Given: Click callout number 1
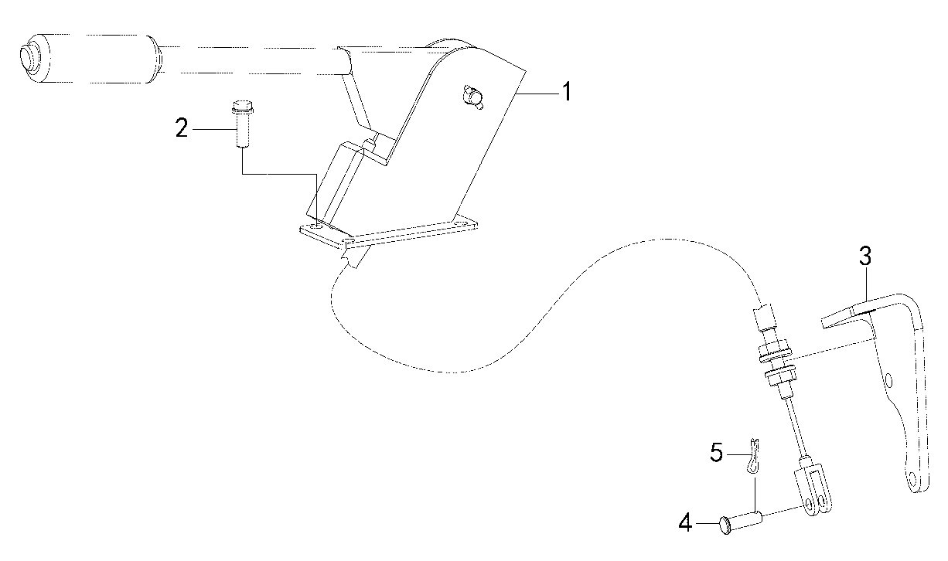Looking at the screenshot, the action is [x=567, y=92].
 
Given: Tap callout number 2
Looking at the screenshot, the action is [x=182, y=127].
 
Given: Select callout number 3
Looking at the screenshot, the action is [x=865, y=257].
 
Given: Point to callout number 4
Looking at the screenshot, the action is [x=685, y=523].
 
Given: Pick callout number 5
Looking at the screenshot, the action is [x=717, y=453].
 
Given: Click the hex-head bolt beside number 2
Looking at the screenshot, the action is [x=242, y=124].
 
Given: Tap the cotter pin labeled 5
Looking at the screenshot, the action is [x=752, y=456].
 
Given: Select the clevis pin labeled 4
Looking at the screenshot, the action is [x=740, y=522].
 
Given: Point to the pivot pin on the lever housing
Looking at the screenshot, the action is [x=473, y=98].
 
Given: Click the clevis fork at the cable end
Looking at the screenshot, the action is [x=813, y=491].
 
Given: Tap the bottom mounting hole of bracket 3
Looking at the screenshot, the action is [x=912, y=480].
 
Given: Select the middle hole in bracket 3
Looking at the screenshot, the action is [x=888, y=380].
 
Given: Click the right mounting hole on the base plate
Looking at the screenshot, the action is [x=459, y=223].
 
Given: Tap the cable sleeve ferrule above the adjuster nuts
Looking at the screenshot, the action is [x=765, y=317].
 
